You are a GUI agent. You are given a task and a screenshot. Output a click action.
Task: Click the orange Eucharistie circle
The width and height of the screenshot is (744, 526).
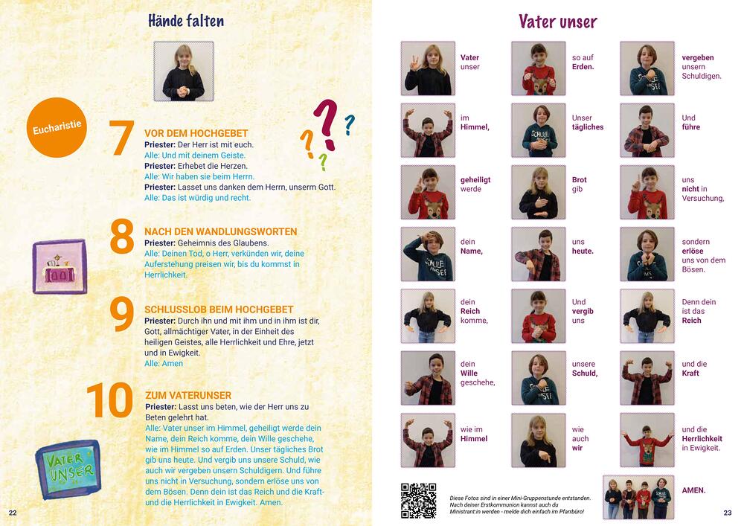[57, 127]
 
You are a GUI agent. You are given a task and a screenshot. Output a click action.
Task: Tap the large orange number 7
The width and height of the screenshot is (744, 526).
[121, 138]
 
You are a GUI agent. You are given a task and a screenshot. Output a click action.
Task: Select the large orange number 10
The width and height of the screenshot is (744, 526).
[110, 400]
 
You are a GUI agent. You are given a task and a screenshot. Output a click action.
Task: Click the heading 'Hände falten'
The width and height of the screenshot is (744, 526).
[186, 20]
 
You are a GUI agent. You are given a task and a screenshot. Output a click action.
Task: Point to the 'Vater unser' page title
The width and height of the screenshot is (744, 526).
[557, 22]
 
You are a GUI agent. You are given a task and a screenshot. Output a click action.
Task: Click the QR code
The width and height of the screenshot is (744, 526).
[418, 501]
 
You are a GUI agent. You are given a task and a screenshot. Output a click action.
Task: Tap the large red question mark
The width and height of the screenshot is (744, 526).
[326, 124]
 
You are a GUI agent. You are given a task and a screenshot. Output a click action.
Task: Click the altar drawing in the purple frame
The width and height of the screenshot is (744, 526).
[60, 266]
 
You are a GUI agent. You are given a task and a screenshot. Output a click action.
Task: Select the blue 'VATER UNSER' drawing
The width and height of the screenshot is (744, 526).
[68, 469]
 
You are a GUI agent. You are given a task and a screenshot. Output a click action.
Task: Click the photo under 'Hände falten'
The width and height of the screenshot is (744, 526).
[184, 71]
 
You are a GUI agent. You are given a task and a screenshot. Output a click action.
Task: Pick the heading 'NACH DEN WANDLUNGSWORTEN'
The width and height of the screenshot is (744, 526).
[221, 231]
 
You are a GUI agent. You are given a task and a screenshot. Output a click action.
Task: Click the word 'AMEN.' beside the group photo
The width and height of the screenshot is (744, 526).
[693, 490]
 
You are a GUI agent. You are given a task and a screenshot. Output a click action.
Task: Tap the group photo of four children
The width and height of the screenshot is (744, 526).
[638, 497]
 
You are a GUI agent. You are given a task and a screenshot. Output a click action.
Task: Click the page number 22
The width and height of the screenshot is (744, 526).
[13, 513]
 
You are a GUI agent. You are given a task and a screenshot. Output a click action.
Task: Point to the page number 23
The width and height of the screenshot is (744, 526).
[728, 513]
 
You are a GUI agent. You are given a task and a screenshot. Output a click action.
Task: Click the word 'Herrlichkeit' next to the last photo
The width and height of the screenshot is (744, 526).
[702, 439]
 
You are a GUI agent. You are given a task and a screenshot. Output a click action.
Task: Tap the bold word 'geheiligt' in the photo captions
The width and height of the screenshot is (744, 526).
[475, 180]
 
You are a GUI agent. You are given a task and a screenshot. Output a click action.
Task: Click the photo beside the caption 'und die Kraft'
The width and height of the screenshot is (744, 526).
[647, 378]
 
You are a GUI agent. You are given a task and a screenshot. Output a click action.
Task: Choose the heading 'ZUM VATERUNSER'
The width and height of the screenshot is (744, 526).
[188, 395]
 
